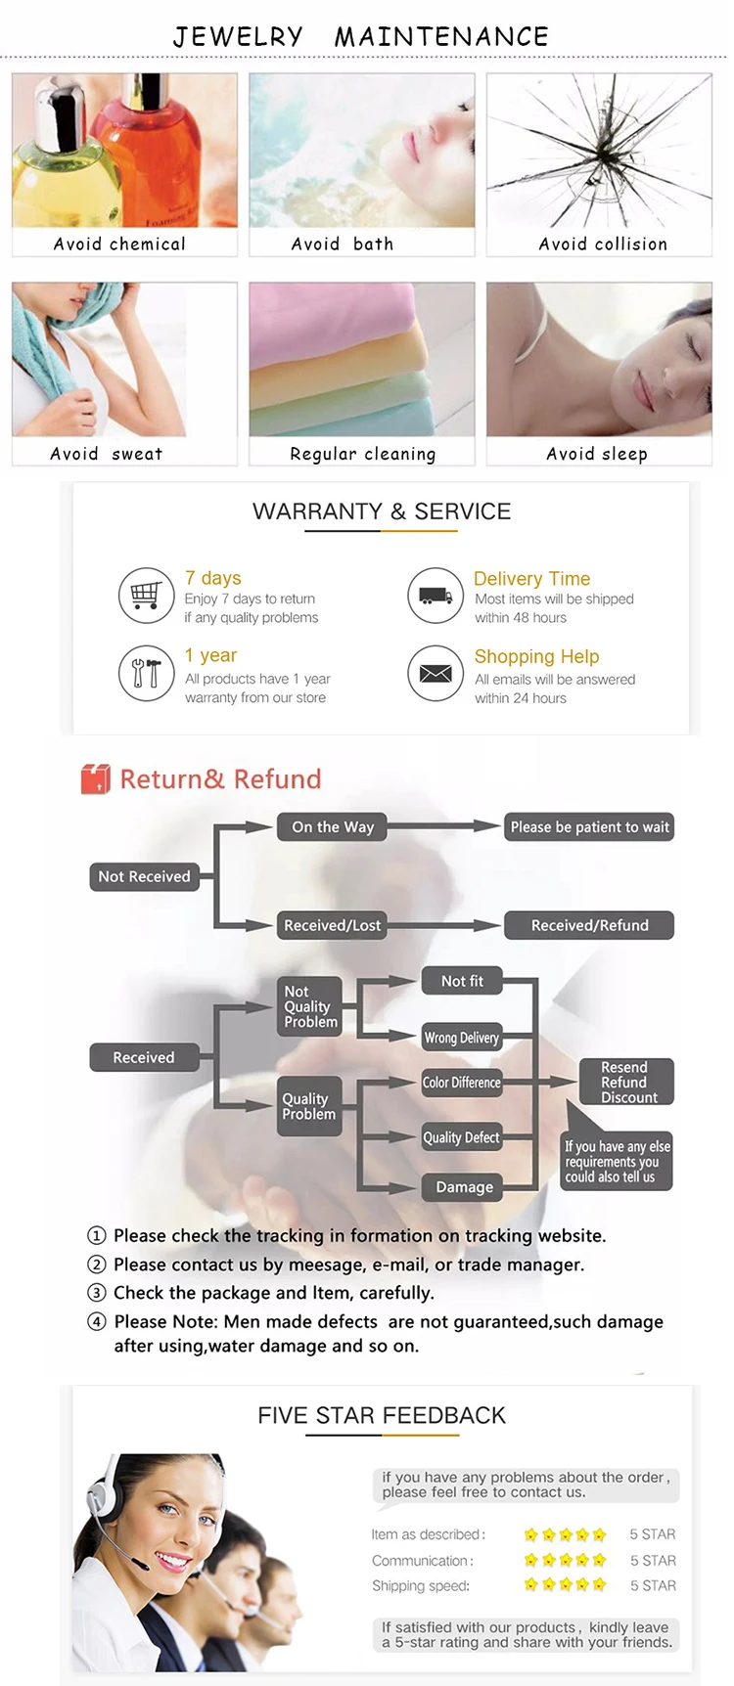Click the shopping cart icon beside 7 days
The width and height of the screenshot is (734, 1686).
(146, 595)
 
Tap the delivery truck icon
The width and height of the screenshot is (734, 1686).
(435, 596)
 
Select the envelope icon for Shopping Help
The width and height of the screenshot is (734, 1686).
(435, 673)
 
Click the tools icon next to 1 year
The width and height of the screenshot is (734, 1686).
(146, 673)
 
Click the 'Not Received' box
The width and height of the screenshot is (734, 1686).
(144, 876)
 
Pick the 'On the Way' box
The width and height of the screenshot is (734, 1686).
(333, 827)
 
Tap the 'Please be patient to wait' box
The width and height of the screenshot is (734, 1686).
(589, 827)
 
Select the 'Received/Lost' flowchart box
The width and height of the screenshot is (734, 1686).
(332, 925)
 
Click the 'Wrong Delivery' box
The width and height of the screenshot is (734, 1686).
(462, 1038)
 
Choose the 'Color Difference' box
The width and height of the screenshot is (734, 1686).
(462, 1083)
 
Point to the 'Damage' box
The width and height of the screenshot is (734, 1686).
(464, 1187)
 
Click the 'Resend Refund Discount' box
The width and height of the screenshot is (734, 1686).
(624, 1083)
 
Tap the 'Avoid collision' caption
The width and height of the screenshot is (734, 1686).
(603, 244)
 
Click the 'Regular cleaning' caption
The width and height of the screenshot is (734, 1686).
(362, 454)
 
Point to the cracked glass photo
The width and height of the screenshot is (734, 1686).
(599, 151)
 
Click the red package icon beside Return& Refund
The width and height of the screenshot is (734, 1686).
(95, 778)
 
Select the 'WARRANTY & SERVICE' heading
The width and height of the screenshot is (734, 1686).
(382, 511)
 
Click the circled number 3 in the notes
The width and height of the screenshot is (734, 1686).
(96, 1293)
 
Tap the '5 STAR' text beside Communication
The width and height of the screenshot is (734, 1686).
(653, 1561)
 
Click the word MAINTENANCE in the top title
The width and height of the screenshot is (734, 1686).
(441, 37)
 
